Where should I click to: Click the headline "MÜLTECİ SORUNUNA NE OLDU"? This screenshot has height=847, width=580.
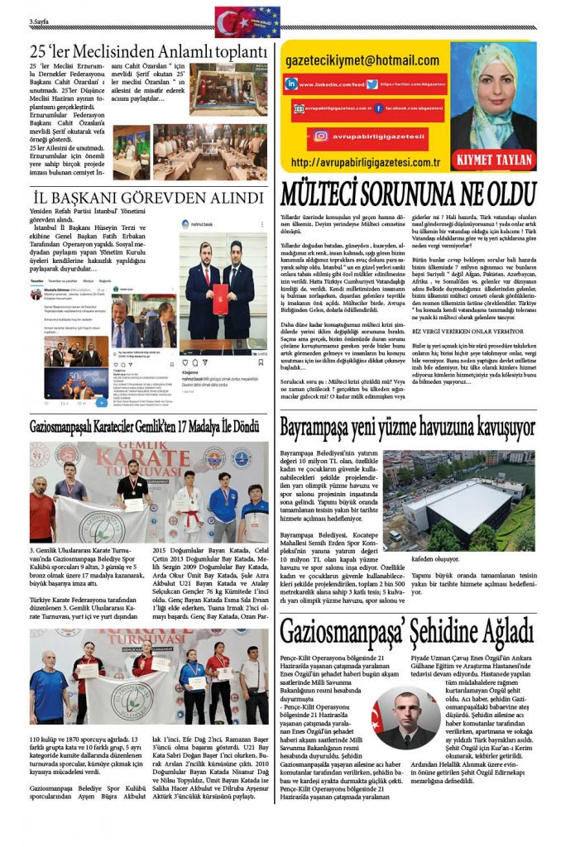click(x=409, y=194)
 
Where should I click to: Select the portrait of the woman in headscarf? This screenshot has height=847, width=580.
click(x=493, y=95)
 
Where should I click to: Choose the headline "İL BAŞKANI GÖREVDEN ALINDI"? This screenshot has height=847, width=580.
click(x=147, y=199)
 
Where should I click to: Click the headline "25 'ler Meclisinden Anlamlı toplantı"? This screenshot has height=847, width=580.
click(x=149, y=52)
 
